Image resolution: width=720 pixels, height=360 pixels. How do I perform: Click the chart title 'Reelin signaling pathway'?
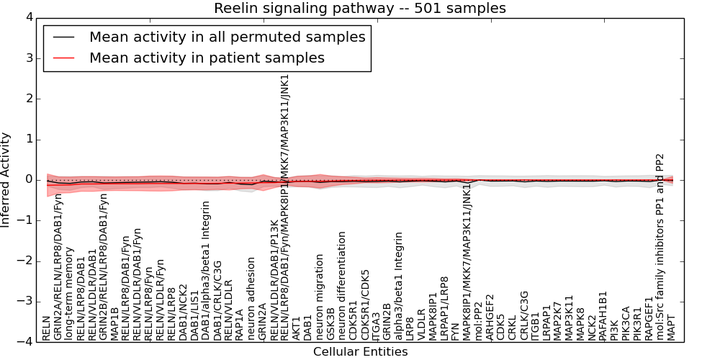359,9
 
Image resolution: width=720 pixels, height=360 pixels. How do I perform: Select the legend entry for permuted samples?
227,37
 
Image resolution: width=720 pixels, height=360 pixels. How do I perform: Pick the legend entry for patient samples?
207,58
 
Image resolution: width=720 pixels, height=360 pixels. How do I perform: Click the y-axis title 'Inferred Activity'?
6,180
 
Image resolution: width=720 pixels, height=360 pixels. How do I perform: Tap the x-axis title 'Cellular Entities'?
360,351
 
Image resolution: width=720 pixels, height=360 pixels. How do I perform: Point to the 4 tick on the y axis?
28,17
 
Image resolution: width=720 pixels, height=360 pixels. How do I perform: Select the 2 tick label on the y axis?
28,99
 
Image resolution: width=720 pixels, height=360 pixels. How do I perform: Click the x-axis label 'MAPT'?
672,328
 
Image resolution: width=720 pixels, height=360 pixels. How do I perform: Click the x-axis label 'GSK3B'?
331,323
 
